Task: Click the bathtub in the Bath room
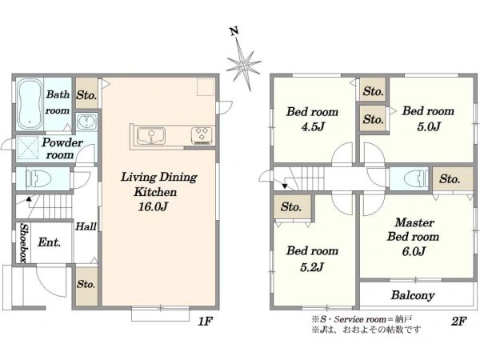pos(30,105)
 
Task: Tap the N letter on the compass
pos(234,31)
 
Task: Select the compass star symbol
pos(244,66)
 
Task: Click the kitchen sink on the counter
pos(151,136)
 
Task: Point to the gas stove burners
pos(202,135)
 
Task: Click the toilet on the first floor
pos(38,178)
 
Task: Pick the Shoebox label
pos(24,243)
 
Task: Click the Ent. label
pos(50,242)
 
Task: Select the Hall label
pos(86,226)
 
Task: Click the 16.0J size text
pos(153,207)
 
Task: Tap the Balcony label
pos(413,295)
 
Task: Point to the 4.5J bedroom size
pos(313,126)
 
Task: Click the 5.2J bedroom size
pos(312,267)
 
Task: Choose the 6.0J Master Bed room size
pos(414,252)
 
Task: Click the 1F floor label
pos(205,321)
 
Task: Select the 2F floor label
pos(458,321)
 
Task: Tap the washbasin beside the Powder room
pos(86,122)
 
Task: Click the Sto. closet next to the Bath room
pos(87,94)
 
